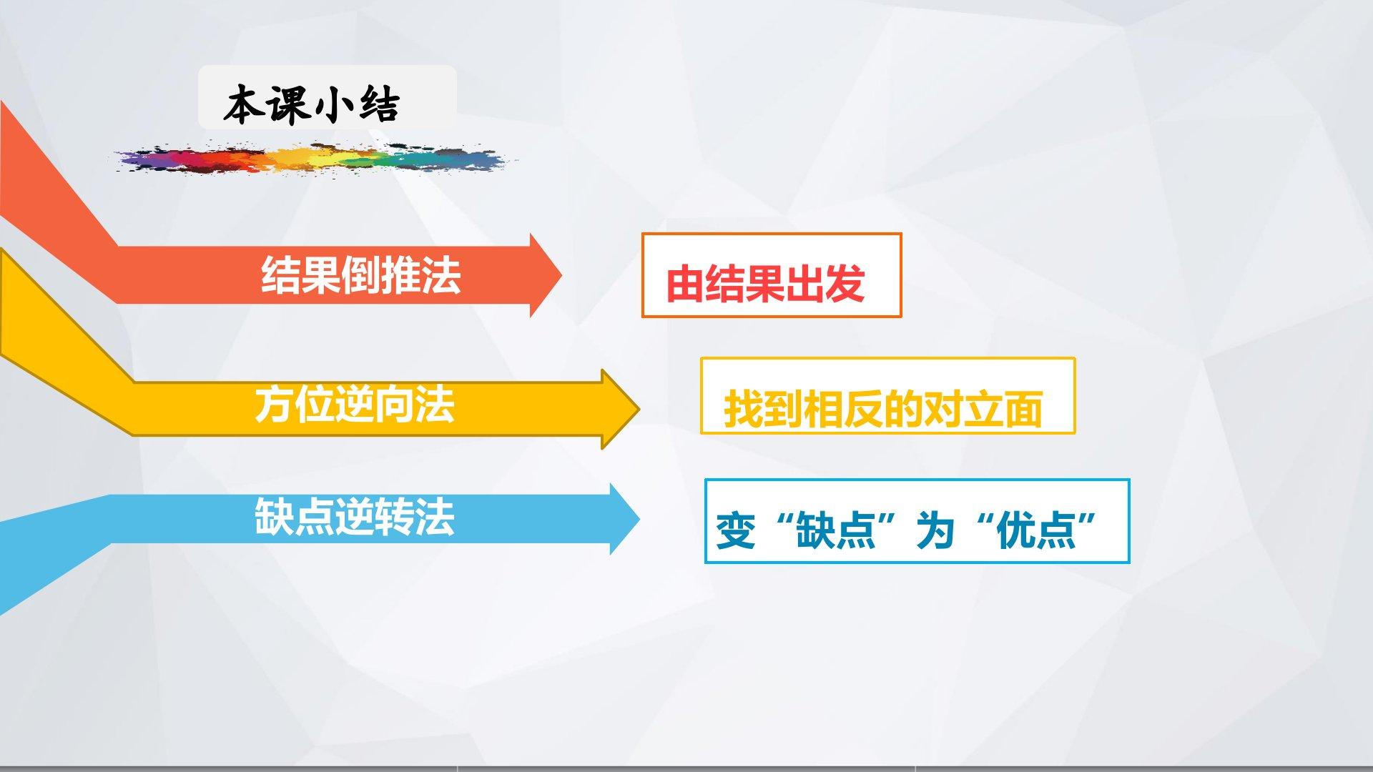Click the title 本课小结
click(x=311, y=106)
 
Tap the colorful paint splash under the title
click(x=313, y=159)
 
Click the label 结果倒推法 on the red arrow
click(x=360, y=275)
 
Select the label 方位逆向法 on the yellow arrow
click(x=355, y=405)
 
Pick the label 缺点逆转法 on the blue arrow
click(x=355, y=516)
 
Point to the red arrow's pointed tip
click(x=561, y=275)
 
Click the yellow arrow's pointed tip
click(x=639, y=409)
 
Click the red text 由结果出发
click(x=765, y=284)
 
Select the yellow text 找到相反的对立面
click(x=883, y=409)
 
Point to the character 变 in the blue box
click(x=736, y=530)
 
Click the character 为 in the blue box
click(x=935, y=530)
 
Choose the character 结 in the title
click(x=378, y=106)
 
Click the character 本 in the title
click(x=243, y=106)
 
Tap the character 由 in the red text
click(x=685, y=284)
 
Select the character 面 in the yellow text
click(x=1023, y=409)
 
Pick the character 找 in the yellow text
click(x=744, y=409)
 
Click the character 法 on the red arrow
click(x=441, y=275)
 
